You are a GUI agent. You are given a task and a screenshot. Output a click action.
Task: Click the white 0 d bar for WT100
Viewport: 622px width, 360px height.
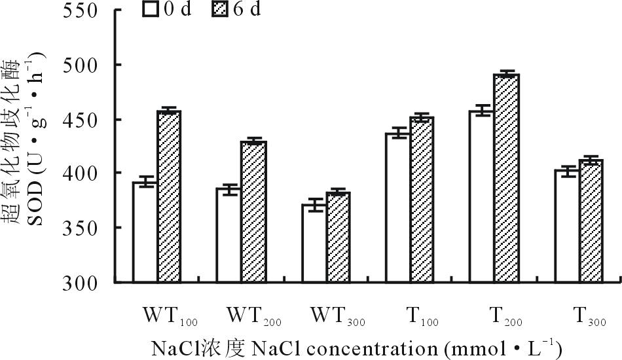(144, 232)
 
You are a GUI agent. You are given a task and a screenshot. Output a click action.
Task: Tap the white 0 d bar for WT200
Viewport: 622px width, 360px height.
(229, 236)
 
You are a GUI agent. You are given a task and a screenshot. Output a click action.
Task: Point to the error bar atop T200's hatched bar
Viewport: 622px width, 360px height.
(506, 74)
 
